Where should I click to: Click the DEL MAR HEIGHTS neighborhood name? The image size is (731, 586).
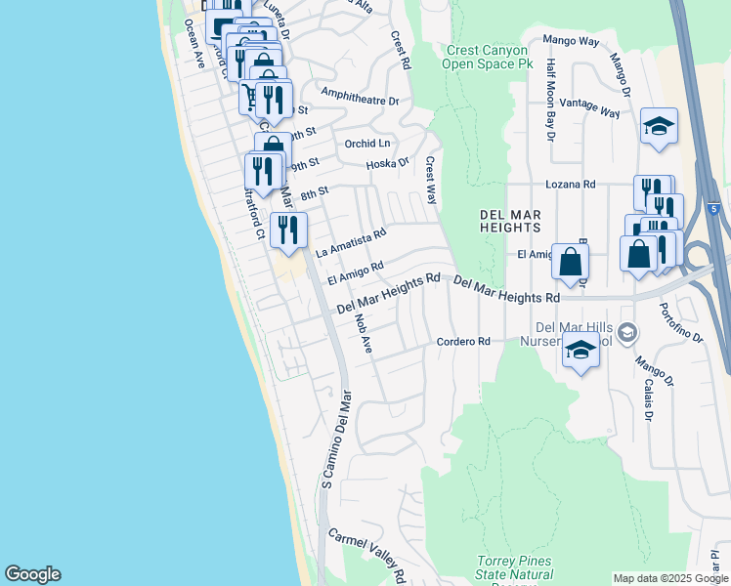[509, 221]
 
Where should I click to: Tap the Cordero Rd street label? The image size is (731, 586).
[462, 342]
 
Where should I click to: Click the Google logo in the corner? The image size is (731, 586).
[32, 574]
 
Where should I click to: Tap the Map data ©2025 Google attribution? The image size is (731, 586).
[670, 578]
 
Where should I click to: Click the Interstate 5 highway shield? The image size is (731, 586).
[713, 209]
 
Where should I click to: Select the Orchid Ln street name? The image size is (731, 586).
[367, 144]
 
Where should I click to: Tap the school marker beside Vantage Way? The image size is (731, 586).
[660, 126]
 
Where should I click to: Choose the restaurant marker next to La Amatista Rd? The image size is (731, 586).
[287, 230]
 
